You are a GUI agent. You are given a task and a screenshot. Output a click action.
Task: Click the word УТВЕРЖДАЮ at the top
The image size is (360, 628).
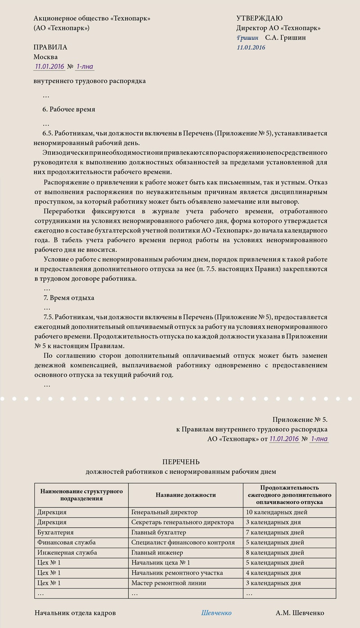259,18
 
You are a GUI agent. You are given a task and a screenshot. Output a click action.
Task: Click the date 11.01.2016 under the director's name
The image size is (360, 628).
251,47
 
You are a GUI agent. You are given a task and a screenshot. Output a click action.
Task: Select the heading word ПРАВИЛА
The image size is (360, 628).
50,47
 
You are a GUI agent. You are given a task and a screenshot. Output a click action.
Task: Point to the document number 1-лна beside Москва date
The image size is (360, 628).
85,67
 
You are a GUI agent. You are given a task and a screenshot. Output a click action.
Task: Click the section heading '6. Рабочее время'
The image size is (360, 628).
68,109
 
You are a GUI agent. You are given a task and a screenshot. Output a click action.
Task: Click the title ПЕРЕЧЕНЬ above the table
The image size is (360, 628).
180,462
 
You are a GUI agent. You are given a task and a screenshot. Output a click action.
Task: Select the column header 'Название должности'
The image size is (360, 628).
185,495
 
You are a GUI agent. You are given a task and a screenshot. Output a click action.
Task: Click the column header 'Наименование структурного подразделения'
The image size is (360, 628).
81,495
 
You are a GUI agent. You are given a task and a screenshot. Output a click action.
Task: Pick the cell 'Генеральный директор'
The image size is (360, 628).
164,512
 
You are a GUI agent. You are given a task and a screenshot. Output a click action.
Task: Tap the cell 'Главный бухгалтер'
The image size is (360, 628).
158,533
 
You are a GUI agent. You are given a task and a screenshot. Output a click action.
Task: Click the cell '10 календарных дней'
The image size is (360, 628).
276,512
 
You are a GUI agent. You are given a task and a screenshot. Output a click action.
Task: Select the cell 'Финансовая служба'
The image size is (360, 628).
67,543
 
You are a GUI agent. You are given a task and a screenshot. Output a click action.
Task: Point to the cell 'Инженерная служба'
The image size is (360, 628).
67,553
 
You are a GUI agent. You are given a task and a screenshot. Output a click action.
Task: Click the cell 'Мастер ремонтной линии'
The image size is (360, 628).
168,583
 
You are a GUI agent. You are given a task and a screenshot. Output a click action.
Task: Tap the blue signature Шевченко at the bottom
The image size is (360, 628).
216,613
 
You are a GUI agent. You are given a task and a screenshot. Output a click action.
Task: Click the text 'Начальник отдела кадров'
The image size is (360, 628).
75,613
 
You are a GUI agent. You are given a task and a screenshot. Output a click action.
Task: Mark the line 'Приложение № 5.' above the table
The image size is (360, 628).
300,420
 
